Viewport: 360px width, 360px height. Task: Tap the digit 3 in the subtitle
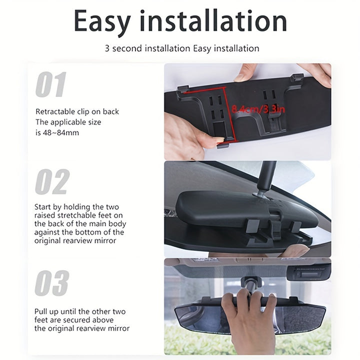tap(107, 48)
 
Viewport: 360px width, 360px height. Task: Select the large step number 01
tap(51, 84)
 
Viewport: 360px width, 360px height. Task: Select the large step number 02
tap(52, 181)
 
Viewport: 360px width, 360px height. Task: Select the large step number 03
tap(52, 283)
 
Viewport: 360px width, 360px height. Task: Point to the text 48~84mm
tap(61, 132)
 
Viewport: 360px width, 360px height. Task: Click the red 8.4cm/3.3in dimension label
tap(258, 109)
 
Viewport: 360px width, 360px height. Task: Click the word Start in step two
tap(42, 207)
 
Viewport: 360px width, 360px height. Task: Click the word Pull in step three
tap(40, 311)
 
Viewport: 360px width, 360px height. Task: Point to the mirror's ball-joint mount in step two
tap(261, 192)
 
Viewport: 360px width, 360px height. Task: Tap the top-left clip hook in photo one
tap(183, 89)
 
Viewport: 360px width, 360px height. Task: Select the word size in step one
tap(94, 122)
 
